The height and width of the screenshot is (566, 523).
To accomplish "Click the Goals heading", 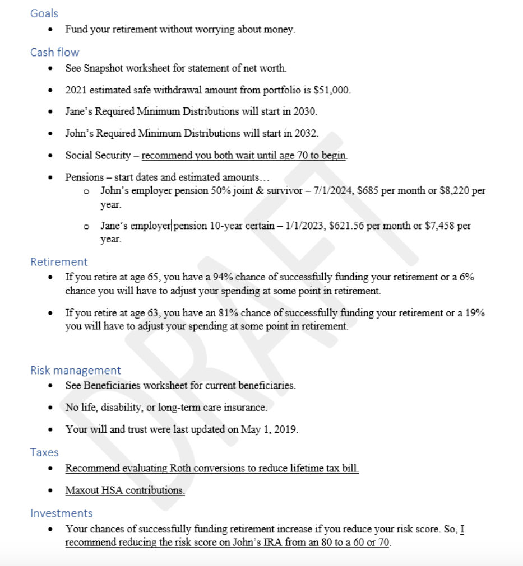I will [x=44, y=13].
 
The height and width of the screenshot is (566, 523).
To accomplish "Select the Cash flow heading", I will [x=55, y=53].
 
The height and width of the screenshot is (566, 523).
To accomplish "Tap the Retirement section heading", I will [x=59, y=262].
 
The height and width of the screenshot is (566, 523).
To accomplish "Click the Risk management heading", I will [x=76, y=371].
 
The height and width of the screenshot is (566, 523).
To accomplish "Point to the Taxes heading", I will [x=44, y=452].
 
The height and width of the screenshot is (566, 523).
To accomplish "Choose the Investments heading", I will [x=62, y=513].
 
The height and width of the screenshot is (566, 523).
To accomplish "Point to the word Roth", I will [x=161, y=468].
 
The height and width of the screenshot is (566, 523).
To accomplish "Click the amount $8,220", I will [x=451, y=191].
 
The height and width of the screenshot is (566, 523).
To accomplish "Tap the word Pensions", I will [x=84, y=177].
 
